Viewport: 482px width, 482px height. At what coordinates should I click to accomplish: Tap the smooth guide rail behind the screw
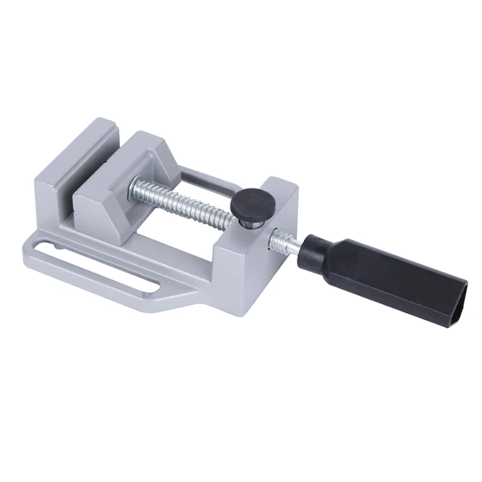[205, 180]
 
